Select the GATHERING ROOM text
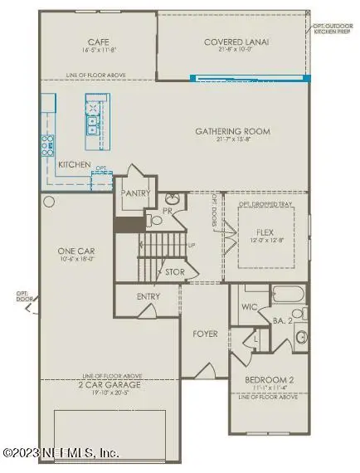(x=233, y=131)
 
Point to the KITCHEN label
(x=74, y=165)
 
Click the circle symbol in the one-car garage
(x=49, y=202)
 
